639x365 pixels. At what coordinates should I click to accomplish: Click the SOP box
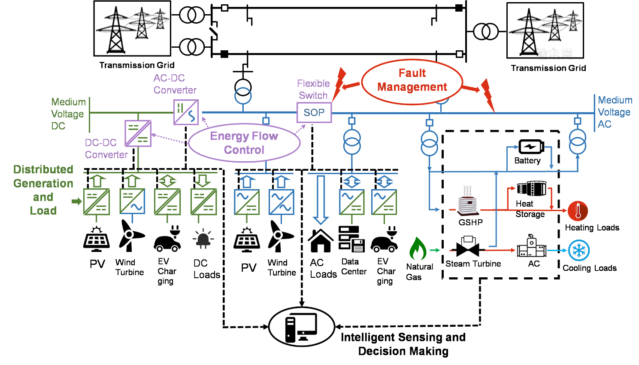pyautogui.click(x=314, y=113)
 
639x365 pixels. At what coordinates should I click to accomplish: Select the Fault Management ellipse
pyautogui.click(x=412, y=81)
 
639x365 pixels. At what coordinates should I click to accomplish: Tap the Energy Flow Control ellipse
pyautogui.click(x=244, y=143)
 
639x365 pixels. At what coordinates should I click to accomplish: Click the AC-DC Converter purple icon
pyautogui.click(x=186, y=112)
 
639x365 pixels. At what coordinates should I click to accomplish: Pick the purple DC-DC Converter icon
pyautogui.click(x=138, y=133)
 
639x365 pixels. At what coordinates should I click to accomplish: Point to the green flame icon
pyautogui.click(x=418, y=248)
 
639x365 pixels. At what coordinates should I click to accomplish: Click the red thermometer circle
pyautogui.click(x=578, y=211)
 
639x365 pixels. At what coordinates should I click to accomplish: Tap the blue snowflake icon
pyautogui.click(x=579, y=250)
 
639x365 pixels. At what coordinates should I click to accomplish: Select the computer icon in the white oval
pyautogui.click(x=301, y=327)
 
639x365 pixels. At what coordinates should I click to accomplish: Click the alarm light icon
pyautogui.click(x=203, y=239)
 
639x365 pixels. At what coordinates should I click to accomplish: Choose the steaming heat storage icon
pyautogui.click(x=468, y=201)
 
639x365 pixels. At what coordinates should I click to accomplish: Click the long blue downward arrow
pyautogui.click(x=321, y=199)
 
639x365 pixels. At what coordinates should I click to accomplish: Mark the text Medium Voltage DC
pyautogui.click(x=68, y=114)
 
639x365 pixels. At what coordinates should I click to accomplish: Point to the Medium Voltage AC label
pyautogui.click(x=615, y=112)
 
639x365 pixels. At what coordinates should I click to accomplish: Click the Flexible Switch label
pyautogui.click(x=313, y=89)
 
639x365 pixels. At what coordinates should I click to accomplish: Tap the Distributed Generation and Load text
pyautogui.click(x=43, y=190)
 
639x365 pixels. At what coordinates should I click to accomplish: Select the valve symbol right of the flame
pyautogui.click(x=467, y=247)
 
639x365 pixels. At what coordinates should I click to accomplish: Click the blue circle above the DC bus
pyautogui.click(x=243, y=96)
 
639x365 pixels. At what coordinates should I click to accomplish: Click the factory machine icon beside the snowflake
pyautogui.click(x=531, y=246)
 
